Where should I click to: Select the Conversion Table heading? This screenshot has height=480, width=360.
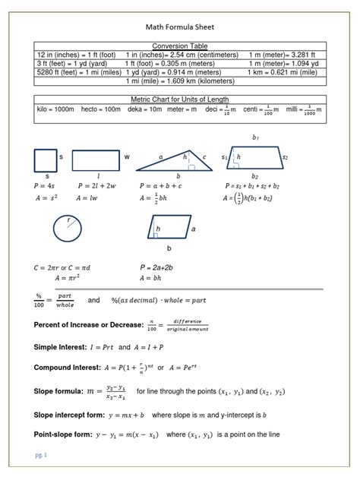pyautogui.click(x=180, y=46)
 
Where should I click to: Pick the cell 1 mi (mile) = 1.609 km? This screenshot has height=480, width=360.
pyautogui.click(x=180, y=81)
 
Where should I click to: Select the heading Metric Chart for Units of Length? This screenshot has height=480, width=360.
pyautogui.click(x=180, y=99)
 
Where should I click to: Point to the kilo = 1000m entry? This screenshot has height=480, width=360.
pyautogui.click(x=55, y=110)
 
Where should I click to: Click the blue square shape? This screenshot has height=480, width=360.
pyautogui.click(x=45, y=161)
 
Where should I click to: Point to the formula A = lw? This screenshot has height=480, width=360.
pyautogui.click(x=89, y=198)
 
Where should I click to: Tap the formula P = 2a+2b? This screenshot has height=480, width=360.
pyautogui.click(x=157, y=268)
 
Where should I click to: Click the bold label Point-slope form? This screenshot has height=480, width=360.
pyautogui.click(x=63, y=435)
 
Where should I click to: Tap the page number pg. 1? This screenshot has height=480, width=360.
pyautogui.click(x=41, y=455)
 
